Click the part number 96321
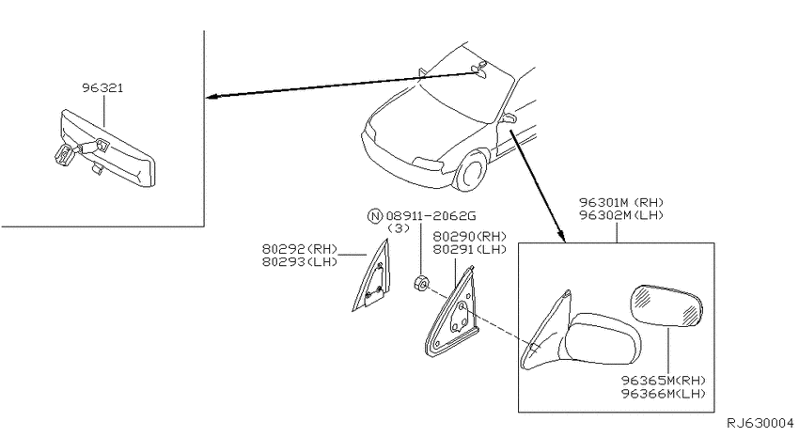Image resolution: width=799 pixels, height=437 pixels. coord(102,88)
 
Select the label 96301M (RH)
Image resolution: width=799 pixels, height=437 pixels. coord(621,202)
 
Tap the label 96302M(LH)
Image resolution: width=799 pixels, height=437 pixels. coord(621,215)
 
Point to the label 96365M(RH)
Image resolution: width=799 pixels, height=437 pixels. coord(664,381)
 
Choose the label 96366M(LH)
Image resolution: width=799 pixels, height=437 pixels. coord(664,393)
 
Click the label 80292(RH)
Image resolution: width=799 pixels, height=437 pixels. coord(300,249)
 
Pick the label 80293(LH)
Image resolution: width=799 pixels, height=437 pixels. coord(300,262)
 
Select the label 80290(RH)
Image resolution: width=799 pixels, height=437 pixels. coord(470,236)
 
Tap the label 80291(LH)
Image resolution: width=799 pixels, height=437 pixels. coord(470,249)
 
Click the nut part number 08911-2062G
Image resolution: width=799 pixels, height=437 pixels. coord(431,216)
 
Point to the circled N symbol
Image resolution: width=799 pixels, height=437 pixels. coord(374,216)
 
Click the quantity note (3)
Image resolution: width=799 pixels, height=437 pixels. coord(399,228)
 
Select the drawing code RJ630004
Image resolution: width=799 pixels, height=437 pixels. coord(760,423)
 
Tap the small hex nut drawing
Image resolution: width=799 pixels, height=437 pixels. coord(421,283)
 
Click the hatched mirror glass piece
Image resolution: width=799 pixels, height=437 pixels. coord(666,305)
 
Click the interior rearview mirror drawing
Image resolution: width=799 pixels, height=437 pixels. coord(105,148)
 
